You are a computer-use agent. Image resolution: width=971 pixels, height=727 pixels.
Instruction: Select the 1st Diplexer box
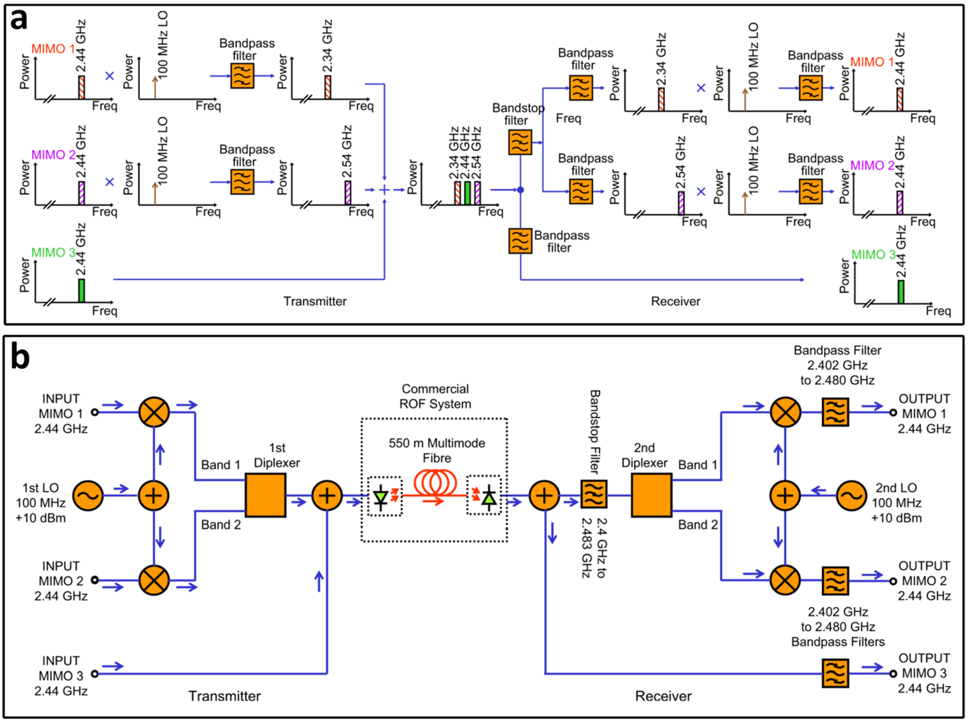tap(266, 495)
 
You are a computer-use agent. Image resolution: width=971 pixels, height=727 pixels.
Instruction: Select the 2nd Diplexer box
tap(652, 495)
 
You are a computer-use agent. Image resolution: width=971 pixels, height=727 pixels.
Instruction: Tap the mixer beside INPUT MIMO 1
tap(154, 412)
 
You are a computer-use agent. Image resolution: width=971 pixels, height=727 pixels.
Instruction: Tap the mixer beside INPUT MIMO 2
tap(154, 580)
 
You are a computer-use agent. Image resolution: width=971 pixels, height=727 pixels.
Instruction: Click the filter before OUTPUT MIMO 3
tap(835, 673)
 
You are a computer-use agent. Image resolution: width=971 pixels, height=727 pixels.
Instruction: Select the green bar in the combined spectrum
tap(468, 193)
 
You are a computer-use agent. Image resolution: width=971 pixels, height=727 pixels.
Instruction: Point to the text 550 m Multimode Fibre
tap(437, 450)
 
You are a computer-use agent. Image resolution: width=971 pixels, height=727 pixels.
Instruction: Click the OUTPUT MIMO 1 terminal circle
tap(893, 413)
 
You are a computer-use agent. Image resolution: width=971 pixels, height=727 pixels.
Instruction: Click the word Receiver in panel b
tap(663, 696)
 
